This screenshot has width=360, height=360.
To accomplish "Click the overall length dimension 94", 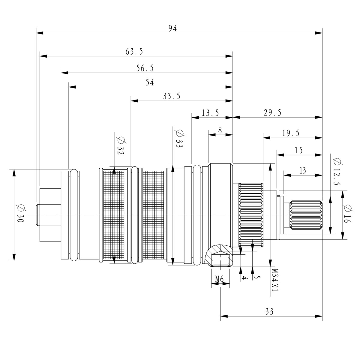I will pos(172,28).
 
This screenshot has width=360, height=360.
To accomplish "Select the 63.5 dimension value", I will pos(134,52).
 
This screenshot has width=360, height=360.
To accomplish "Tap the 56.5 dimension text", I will pos(145,68).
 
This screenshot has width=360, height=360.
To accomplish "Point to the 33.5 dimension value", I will pos(172,96).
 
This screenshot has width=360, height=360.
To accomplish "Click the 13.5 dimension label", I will pos(210,113).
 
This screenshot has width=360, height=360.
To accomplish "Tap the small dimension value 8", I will pos(220,130).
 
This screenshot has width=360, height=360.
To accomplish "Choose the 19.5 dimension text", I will pos(291,133).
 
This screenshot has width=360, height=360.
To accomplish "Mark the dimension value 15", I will pos(298,150).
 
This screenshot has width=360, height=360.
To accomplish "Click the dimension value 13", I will pos(302,170).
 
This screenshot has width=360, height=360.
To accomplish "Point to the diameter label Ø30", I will pos(21,215).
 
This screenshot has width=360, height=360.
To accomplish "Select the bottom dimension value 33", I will pos(269,311).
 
